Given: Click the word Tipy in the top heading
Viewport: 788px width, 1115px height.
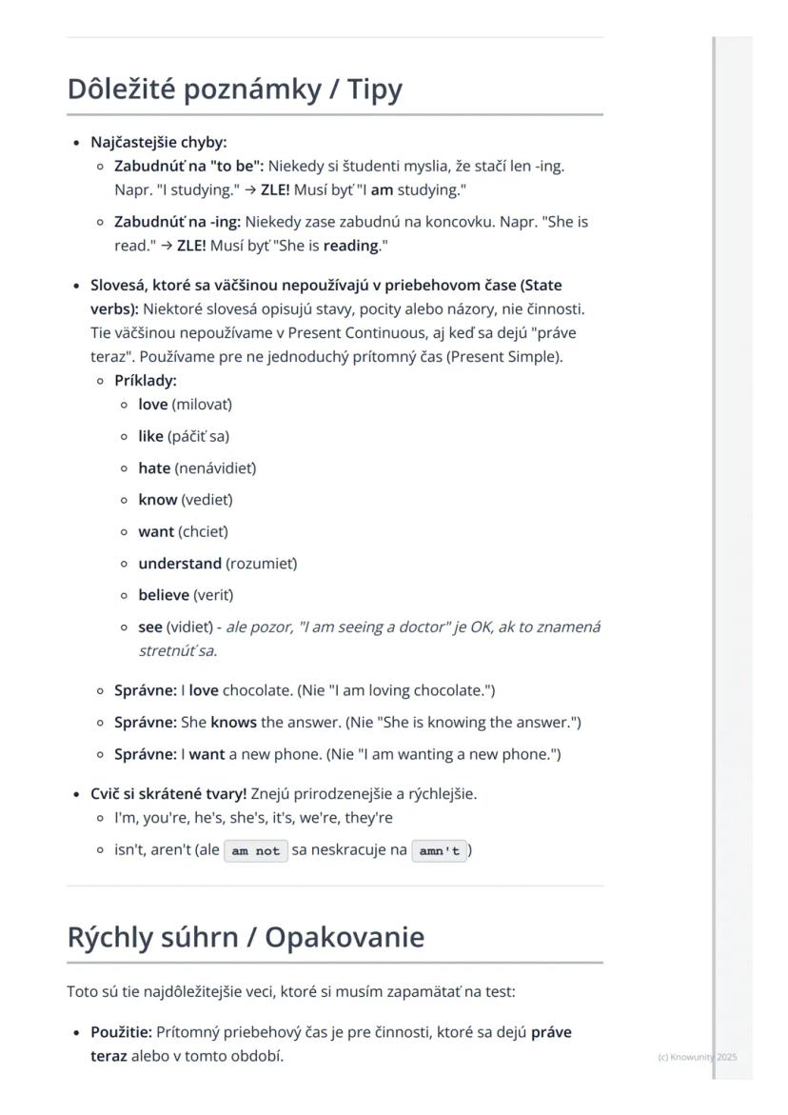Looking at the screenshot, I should coord(375,90).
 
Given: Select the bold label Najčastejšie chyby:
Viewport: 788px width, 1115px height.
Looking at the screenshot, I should coord(159,143).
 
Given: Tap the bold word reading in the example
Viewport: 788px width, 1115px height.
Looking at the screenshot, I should coord(350,246).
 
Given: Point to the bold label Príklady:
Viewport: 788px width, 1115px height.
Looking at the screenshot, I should coord(146,381).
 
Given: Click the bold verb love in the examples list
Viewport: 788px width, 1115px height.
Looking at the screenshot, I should coord(152,405).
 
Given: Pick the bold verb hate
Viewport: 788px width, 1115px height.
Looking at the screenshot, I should coord(154,468).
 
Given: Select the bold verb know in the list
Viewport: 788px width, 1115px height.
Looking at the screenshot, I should coord(157,500).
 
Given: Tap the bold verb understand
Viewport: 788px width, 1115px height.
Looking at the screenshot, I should coord(180,564).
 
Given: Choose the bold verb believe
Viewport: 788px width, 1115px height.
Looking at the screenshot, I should coord(164,596).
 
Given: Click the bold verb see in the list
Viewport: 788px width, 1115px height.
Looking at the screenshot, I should coord(150,627).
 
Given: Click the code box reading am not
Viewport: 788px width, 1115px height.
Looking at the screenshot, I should coord(256,851).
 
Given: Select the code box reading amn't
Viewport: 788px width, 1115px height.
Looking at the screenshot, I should coord(439,851).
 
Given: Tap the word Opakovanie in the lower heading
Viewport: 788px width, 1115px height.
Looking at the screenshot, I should coord(345,938).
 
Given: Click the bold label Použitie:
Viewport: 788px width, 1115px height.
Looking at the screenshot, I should coord(121,1033).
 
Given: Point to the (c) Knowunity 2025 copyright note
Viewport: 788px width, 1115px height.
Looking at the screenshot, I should coord(697,1057).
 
